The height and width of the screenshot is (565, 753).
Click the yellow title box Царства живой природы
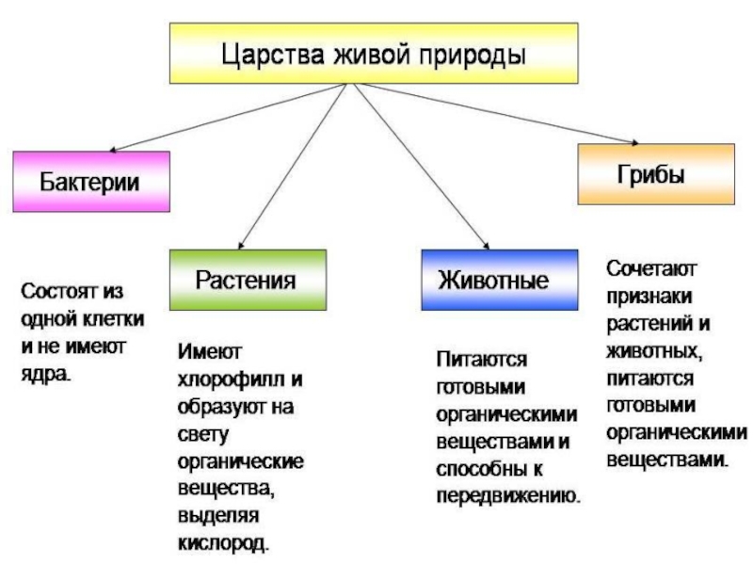(373, 53)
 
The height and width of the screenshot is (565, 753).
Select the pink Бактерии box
(90, 181)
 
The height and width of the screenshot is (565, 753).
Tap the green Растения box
(247, 280)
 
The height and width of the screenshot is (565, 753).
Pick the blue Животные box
(499, 280)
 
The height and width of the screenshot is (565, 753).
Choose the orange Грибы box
(656, 174)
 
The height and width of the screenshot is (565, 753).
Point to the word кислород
(220, 543)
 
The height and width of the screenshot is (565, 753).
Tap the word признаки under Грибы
(646, 297)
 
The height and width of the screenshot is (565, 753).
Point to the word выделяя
(214, 516)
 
